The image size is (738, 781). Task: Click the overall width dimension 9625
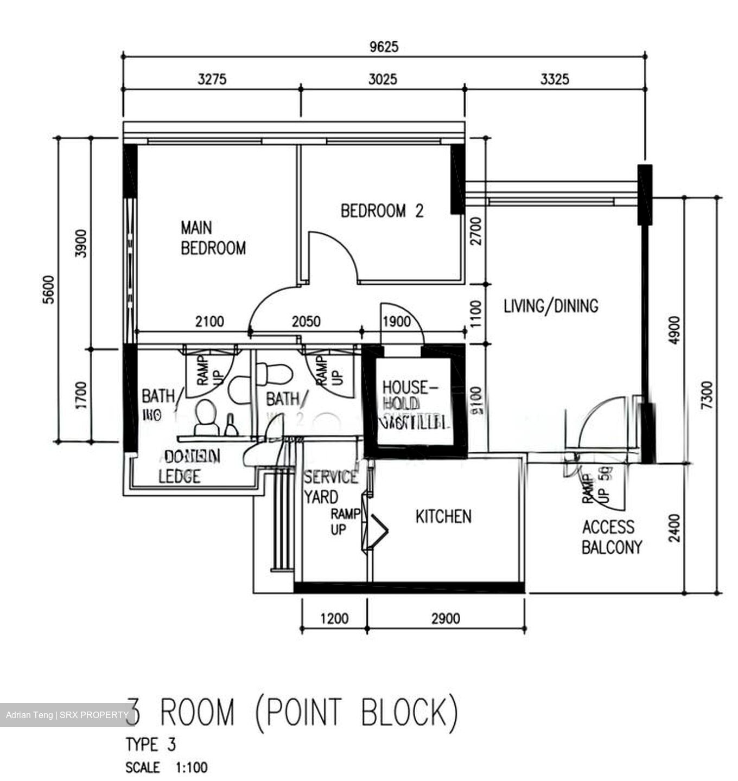tap(384, 47)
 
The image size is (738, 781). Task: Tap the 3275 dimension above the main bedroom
tap(212, 80)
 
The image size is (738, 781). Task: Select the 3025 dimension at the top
tap(383, 80)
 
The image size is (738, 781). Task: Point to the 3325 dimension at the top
tap(555, 80)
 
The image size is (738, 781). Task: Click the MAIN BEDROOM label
tap(213, 238)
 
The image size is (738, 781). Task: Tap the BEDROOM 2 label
tap(381, 211)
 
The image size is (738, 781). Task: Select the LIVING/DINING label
tap(551, 306)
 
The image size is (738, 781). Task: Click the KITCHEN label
tap(443, 516)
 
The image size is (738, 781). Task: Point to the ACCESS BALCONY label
tap(612, 537)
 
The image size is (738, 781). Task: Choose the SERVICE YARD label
tap(330, 486)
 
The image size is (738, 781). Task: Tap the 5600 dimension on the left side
tap(49, 290)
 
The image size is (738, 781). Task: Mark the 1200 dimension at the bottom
tap(334, 618)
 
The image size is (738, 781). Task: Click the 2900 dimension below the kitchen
tap(446, 618)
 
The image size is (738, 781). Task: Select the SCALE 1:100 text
tap(166, 767)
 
